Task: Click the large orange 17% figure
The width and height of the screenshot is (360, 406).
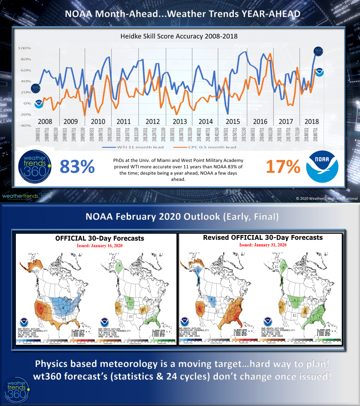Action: pyautogui.click(x=283, y=167)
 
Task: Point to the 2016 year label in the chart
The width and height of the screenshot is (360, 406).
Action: pyautogui.click(x=260, y=121)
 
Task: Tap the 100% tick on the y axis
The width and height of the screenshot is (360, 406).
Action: pyautogui.click(x=23, y=48)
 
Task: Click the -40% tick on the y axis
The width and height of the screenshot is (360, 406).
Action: pyautogui.click(x=23, y=126)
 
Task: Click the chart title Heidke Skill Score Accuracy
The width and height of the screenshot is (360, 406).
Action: pyautogui.click(x=179, y=36)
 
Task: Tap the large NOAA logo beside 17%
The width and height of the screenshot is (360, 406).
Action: pyautogui.click(x=322, y=167)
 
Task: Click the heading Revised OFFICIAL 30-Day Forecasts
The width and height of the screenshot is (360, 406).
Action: pyautogui.click(x=263, y=237)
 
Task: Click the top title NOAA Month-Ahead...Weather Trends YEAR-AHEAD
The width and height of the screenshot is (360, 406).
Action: pyautogui.click(x=180, y=13)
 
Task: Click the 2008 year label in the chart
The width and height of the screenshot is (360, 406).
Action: pyautogui.click(x=45, y=121)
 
